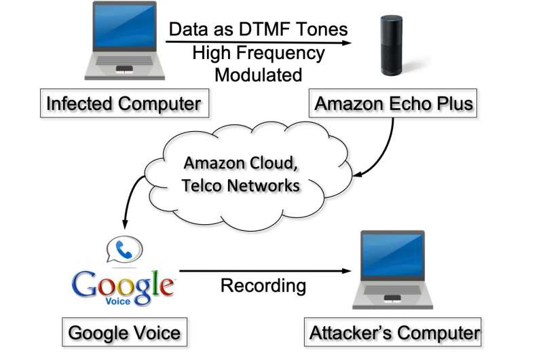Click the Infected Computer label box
coord(123,104)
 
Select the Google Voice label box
coord(124,333)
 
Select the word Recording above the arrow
coord(263,286)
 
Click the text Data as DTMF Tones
coord(257,29)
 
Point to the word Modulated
coord(258,74)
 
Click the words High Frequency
coord(258,52)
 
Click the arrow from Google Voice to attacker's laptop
coord(265,272)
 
